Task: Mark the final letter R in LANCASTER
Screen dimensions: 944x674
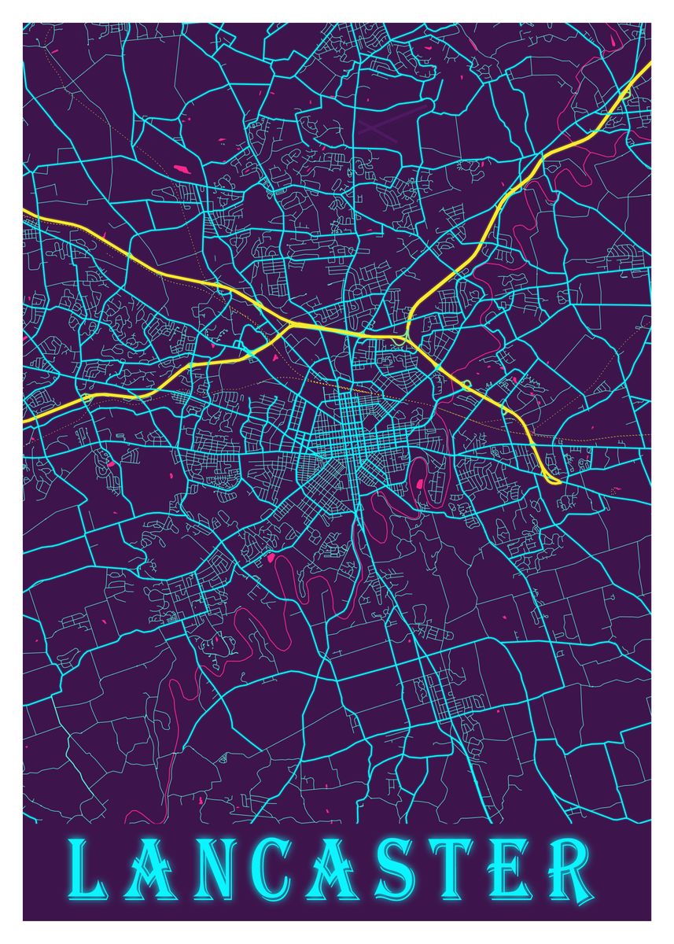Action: (x=568, y=870)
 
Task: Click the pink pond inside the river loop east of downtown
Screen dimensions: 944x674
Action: (x=420, y=483)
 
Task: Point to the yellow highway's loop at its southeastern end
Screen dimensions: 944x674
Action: (x=553, y=478)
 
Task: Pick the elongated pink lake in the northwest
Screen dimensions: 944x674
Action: (x=180, y=168)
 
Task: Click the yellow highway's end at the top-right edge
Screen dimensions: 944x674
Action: (x=650, y=63)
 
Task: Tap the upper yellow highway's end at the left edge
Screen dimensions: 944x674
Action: (x=24, y=212)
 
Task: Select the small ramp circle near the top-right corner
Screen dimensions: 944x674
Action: (x=626, y=94)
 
